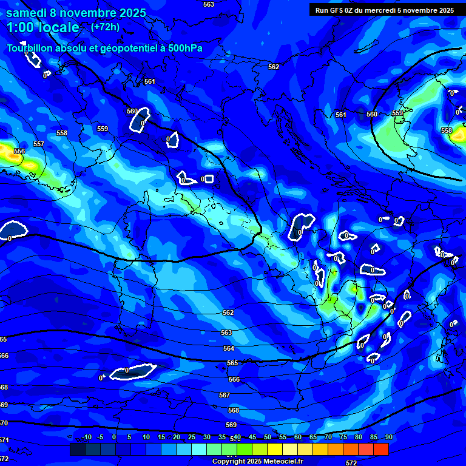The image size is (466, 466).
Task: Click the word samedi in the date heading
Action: point(27,13)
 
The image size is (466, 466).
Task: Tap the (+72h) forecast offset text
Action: point(106,27)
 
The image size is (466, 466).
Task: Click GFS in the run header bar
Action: point(338,10)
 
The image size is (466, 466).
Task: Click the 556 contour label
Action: point(19,151)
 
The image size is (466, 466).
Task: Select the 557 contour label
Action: point(39,144)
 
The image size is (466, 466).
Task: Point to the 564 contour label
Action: point(229,348)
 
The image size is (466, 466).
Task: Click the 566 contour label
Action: point(234,379)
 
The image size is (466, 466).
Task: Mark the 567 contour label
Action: point(225,395)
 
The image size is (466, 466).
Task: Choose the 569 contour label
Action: point(231,425)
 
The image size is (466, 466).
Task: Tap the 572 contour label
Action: point(351,462)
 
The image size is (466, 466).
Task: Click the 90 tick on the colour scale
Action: point(388,437)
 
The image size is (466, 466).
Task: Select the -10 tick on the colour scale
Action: point(86,437)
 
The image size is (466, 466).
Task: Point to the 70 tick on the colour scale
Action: point(328,437)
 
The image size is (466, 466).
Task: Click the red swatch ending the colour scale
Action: point(381,449)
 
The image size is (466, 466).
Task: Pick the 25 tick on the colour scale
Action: point(192,437)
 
